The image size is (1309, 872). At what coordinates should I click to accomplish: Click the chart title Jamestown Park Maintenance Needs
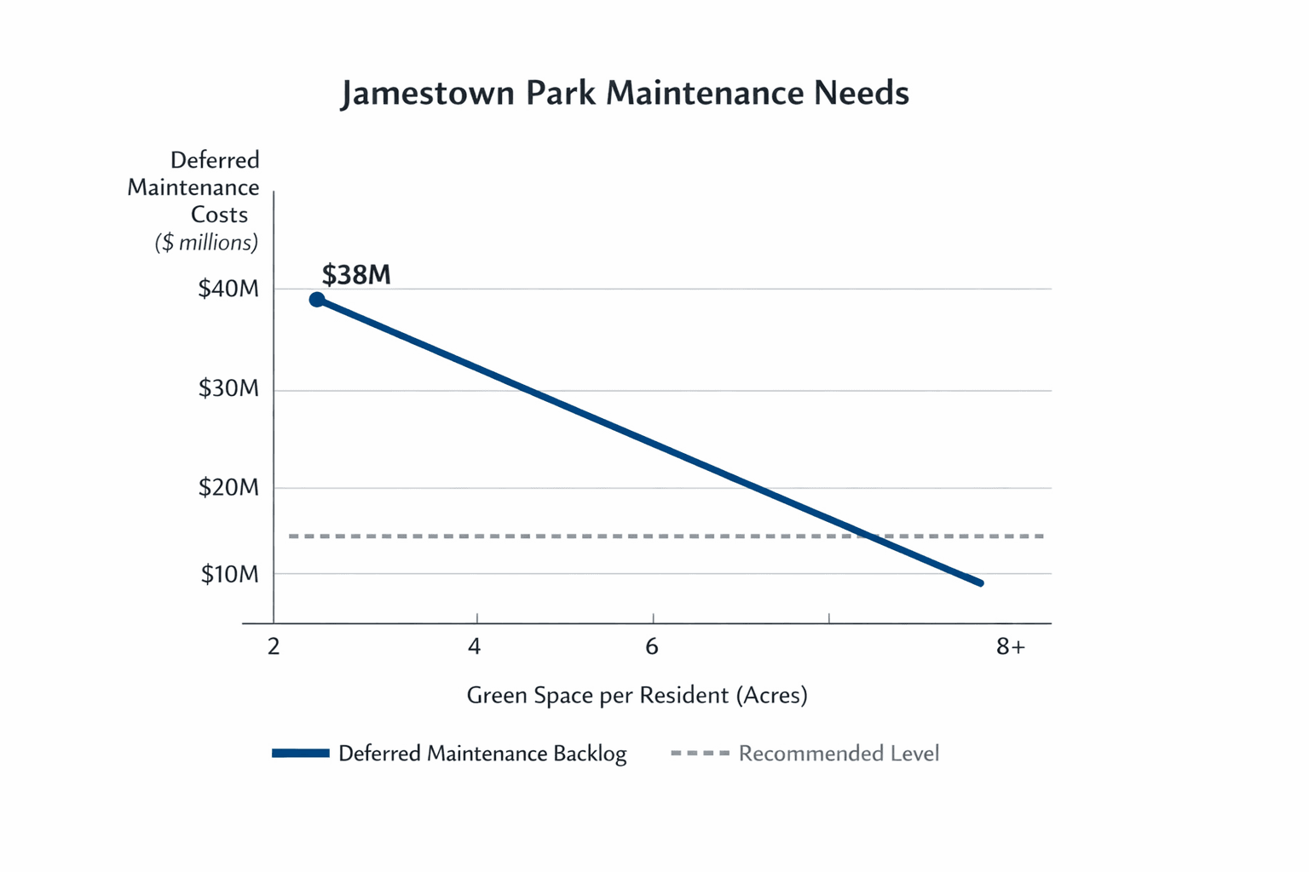[x=625, y=93]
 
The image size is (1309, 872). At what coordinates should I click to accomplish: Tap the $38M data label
[x=356, y=275]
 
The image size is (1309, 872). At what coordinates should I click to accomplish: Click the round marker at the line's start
[x=317, y=300]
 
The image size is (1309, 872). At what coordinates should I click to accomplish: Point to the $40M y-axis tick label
[x=228, y=289]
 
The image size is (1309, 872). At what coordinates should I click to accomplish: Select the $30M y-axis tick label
[x=228, y=388]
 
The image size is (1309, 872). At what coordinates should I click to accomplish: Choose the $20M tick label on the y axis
[x=228, y=487]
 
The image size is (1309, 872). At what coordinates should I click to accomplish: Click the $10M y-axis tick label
[x=229, y=574]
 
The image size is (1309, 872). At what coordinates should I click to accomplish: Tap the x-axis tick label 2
[x=274, y=647]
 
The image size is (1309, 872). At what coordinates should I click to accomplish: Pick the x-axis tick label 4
[x=475, y=647]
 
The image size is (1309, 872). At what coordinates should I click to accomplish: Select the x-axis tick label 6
[x=652, y=647]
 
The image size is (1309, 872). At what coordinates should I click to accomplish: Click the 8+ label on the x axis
[x=1011, y=647]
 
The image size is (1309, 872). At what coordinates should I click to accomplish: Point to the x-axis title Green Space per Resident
[x=637, y=696]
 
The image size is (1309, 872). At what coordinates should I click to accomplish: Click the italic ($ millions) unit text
[x=206, y=243]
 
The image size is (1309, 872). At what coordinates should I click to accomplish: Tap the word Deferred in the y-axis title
[x=215, y=160]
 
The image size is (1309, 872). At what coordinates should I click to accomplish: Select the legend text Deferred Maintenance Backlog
[x=482, y=754]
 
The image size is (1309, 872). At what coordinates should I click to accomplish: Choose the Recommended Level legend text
[x=839, y=754]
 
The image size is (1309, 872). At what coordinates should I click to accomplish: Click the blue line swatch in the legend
[x=301, y=753]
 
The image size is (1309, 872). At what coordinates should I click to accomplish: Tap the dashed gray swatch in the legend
[x=700, y=753]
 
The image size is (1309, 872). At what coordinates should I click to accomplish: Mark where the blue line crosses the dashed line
[x=866, y=536]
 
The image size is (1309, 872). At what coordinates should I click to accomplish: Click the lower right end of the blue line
[x=980, y=582]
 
